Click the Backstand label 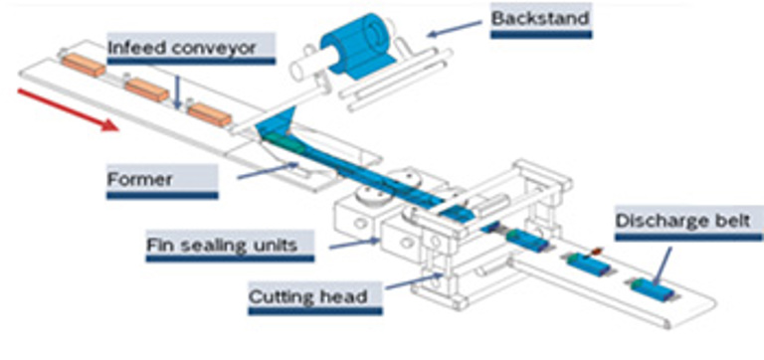point(540,19)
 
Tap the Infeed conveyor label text point(181,48)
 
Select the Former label point(140,179)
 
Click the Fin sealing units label point(222,245)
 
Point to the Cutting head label point(308,296)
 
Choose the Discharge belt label point(683,221)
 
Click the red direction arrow point(68,109)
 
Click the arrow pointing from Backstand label point(454,28)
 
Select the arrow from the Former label point(268,170)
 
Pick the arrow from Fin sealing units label point(355,243)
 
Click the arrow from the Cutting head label point(414,281)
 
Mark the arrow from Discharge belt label point(663,266)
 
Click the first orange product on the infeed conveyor point(84,65)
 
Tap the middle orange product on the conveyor point(146,90)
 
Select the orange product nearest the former point(210,115)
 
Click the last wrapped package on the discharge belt point(653,289)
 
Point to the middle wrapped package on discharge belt point(589,264)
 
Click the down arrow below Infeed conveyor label point(177,91)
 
